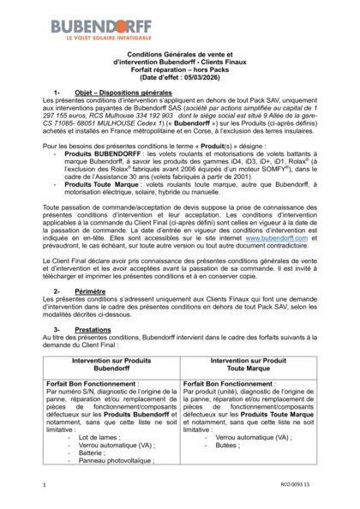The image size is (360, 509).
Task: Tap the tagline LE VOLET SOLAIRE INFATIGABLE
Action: click(x=100, y=39)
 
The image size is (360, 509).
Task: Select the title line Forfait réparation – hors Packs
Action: click(x=179, y=70)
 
